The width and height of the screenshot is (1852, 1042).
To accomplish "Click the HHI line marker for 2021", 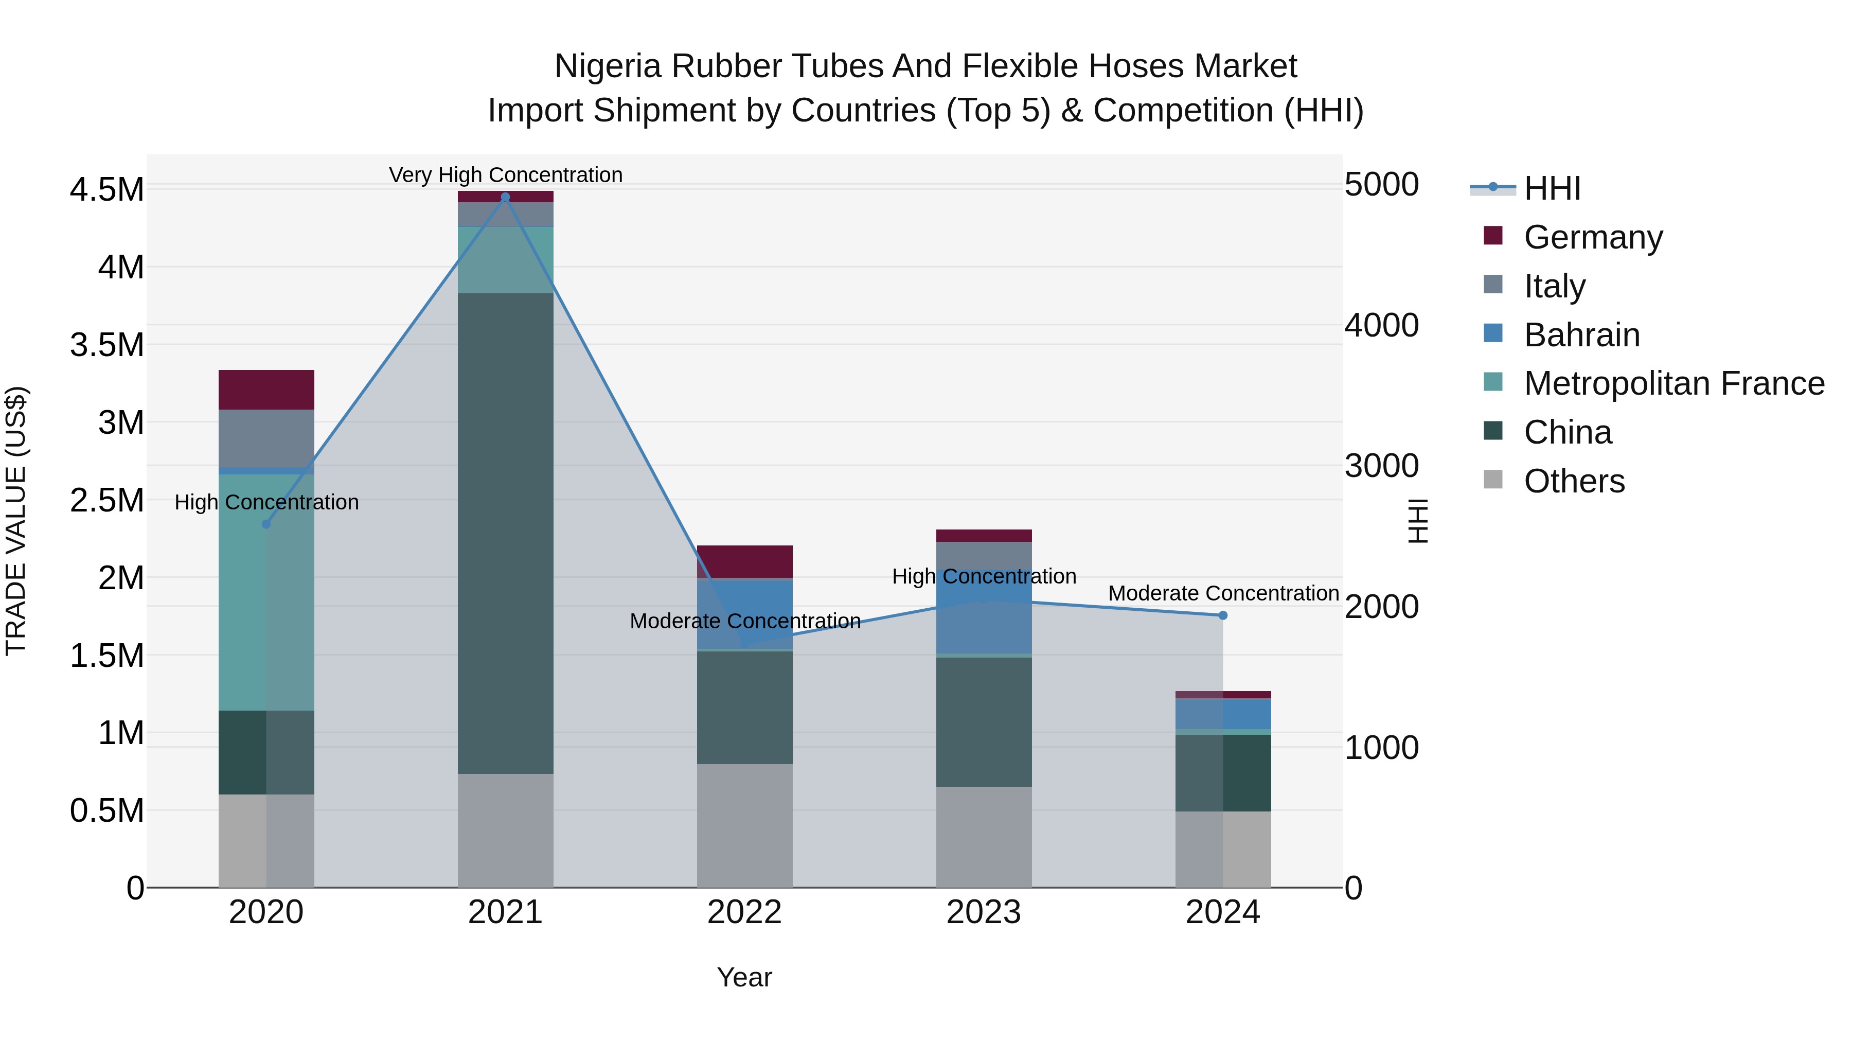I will pos(505,197).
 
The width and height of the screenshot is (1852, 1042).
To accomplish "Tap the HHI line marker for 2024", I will pos(1222,615).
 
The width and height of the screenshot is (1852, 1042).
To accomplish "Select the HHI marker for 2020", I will pos(266,524).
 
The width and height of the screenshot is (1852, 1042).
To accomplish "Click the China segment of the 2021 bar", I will pos(505,532).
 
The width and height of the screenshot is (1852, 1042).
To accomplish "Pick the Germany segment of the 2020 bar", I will pos(266,390).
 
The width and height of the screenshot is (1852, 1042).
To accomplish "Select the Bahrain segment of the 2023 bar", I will pos(984,611).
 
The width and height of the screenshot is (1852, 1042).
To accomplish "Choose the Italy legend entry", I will pos(1554,286).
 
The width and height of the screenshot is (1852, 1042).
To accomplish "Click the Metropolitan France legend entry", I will pos(1673,383).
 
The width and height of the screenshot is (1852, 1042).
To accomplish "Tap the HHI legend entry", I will pos(1552,188).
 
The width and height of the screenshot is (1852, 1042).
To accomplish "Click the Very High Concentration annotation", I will pos(505,175).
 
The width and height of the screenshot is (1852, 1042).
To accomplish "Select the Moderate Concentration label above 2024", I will pos(1223,593).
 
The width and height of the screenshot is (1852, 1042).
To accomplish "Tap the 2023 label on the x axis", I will pos(984,912).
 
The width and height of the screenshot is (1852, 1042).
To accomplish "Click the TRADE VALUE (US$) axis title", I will pos(16,521).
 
